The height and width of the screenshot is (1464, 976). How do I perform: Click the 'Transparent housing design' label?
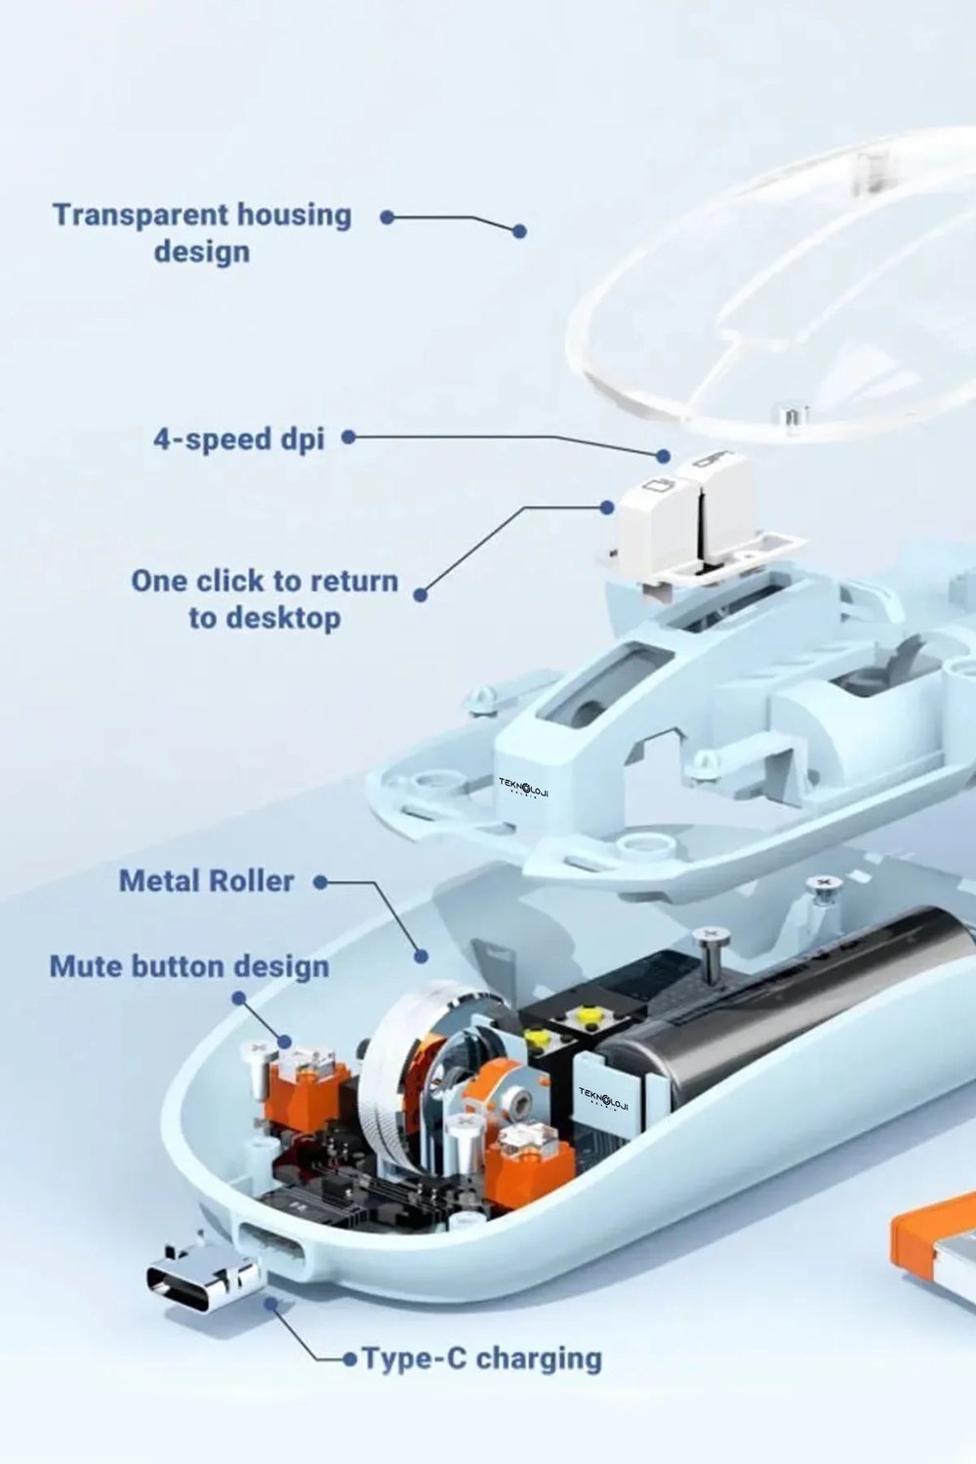(x=202, y=232)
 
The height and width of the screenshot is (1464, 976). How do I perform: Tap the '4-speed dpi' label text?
(x=238, y=438)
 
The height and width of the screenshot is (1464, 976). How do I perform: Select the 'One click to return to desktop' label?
(x=264, y=598)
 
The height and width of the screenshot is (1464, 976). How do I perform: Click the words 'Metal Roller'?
(x=207, y=881)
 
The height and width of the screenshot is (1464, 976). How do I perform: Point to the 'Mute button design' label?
(x=189, y=966)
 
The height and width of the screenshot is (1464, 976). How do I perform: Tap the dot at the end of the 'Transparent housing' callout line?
(x=519, y=230)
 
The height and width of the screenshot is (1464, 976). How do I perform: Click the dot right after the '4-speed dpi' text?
(x=349, y=437)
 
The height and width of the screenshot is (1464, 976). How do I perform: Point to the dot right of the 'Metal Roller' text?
(x=320, y=882)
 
